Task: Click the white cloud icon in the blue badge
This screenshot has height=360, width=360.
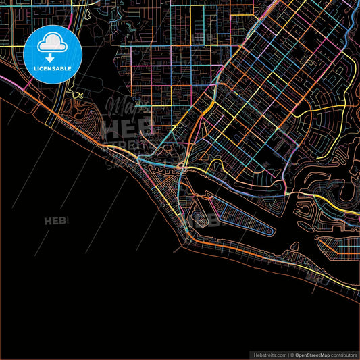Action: point(51,44)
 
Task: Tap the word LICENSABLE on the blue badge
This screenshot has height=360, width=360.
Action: point(51,68)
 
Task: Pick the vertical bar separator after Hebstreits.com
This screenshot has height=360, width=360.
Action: point(288,354)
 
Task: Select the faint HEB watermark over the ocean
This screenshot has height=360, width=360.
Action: point(57,220)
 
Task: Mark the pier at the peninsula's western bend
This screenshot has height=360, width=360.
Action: point(177,247)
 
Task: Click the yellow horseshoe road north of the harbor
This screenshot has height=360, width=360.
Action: point(223,165)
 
